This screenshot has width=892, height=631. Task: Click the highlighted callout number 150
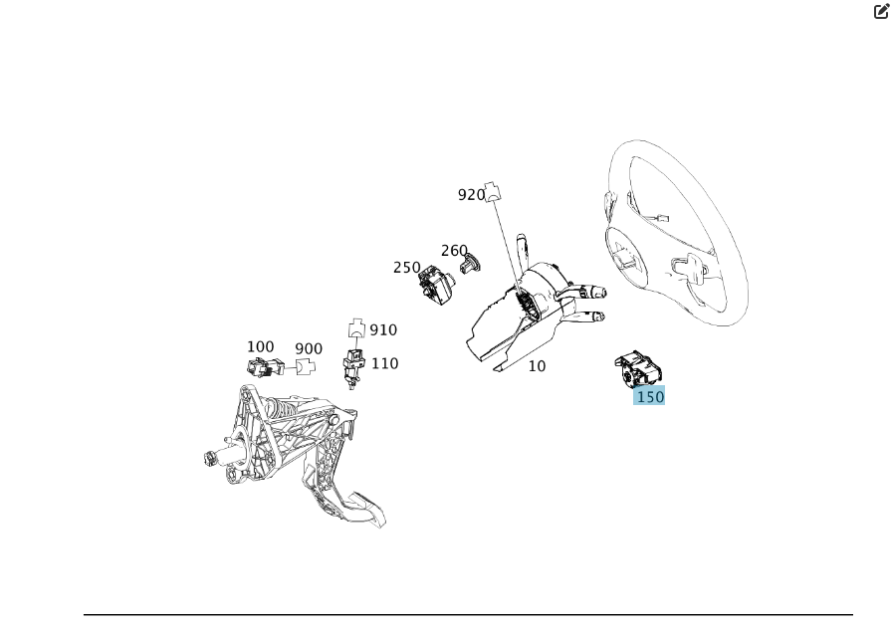650,396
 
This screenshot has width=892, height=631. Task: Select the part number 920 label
472,195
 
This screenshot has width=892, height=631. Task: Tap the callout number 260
454,251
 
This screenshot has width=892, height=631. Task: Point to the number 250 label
407,267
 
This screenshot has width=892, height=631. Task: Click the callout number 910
383,329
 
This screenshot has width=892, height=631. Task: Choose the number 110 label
385,363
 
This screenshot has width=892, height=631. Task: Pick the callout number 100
261,346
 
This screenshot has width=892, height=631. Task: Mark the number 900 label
309,349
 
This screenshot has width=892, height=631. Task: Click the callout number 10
537,366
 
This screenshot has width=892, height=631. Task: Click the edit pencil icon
881,11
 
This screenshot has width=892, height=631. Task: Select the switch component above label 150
639,369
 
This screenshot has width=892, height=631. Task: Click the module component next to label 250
436,285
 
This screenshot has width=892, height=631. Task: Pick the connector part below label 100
266,368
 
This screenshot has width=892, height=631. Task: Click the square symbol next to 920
493,192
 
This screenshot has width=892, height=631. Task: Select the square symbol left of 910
356,328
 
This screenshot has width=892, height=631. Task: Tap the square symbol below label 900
304,367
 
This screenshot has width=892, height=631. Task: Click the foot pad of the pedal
364,509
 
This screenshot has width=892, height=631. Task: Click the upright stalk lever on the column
523,250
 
